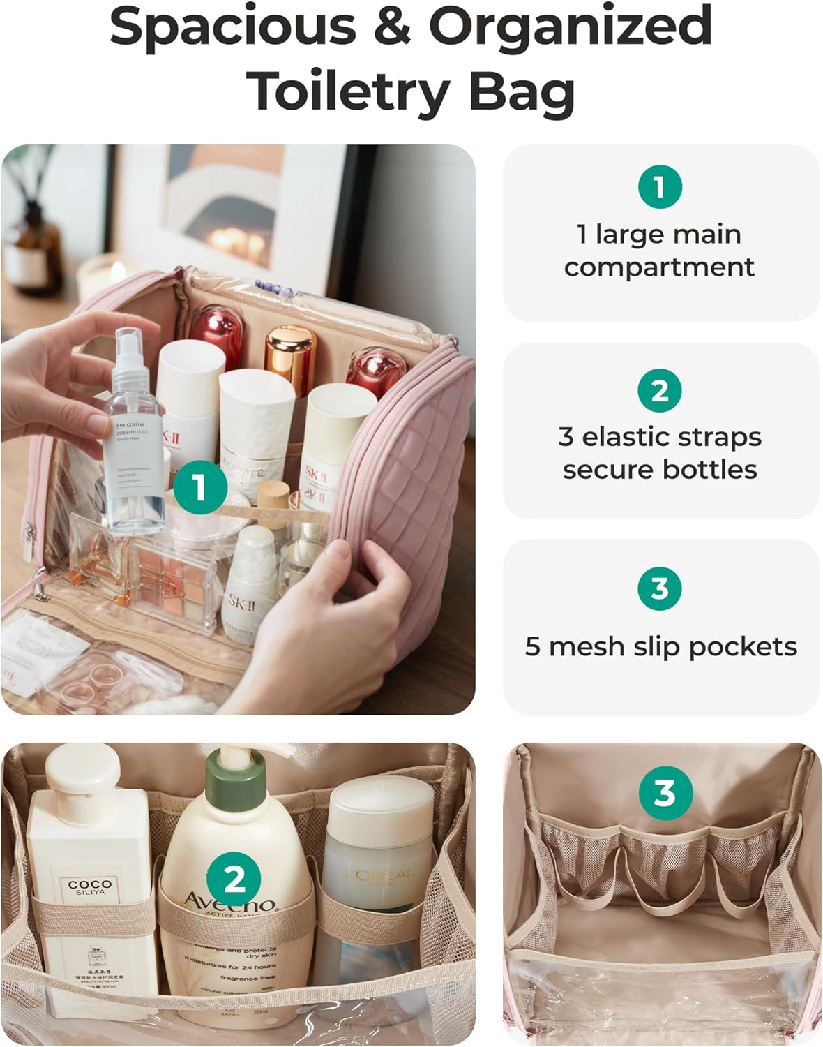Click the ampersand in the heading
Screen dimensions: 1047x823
(x=392, y=27)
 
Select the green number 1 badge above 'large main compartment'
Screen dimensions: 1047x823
(x=660, y=186)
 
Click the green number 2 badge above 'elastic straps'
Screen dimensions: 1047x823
(x=660, y=390)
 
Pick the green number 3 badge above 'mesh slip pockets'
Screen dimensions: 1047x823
(x=660, y=588)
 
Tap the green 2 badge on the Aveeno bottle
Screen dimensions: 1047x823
(x=234, y=879)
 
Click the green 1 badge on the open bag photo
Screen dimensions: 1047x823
(x=200, y=487)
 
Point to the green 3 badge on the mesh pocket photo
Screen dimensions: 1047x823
(x=665, y=793)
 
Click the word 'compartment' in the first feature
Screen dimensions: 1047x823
(x=659, y=267)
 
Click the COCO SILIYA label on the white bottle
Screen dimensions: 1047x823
(x=90, y=888)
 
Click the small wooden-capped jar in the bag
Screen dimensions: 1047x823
(x=273, y=497)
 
